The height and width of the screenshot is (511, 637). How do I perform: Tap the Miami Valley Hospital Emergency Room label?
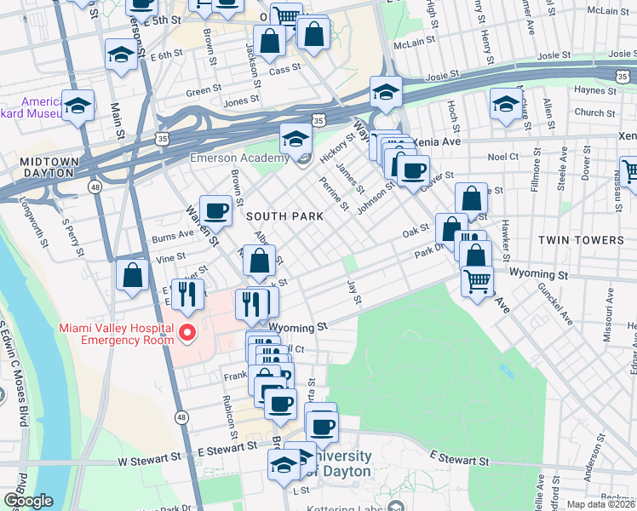[116, 334]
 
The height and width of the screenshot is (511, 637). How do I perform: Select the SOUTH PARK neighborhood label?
[284, 216]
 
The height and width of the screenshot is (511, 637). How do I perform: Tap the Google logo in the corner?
[27, 501]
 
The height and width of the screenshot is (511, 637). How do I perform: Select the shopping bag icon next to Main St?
[132, 275]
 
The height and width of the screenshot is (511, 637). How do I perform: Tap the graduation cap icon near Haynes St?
[505, 104]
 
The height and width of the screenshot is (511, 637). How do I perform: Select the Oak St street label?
[415, 231]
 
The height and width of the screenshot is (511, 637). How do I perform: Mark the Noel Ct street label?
[503, 157]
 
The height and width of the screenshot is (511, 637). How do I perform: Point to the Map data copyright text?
[600, 504]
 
